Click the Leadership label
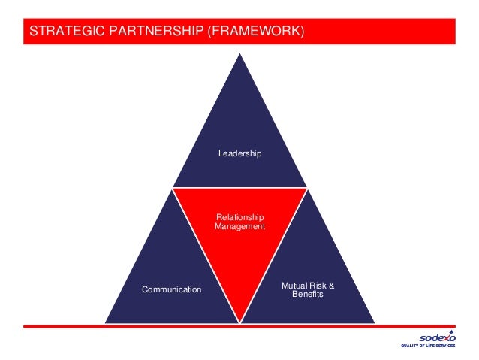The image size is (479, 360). (239, 153)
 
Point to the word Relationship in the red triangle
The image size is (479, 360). (239, 218)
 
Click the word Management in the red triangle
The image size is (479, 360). (239, 226)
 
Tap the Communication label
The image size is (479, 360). (172, 289)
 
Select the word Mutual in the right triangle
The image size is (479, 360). (295, 286)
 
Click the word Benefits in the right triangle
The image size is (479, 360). (307, 294)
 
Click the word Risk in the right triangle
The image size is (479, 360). (318, 286)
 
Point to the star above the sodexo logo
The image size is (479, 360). (450, 331)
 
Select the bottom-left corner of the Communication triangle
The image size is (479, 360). (106, 323)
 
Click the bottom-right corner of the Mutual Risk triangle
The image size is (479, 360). (374, 323)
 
